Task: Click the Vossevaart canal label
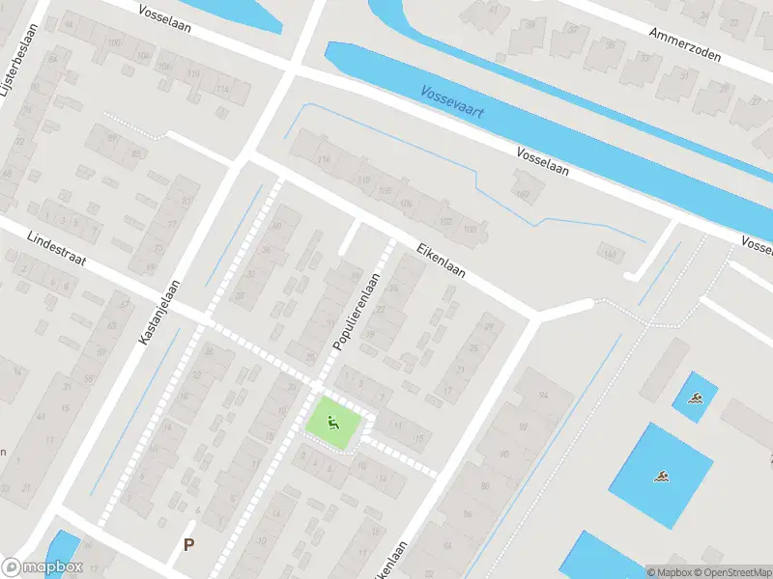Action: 453,102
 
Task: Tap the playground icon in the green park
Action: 333,423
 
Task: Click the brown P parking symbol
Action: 188,545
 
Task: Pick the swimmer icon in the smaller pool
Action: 695,397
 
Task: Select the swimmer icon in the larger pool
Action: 661,476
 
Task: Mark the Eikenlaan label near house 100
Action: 442,259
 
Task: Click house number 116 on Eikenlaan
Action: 325,158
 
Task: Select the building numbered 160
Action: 523,194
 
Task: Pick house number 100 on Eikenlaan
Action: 471,230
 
